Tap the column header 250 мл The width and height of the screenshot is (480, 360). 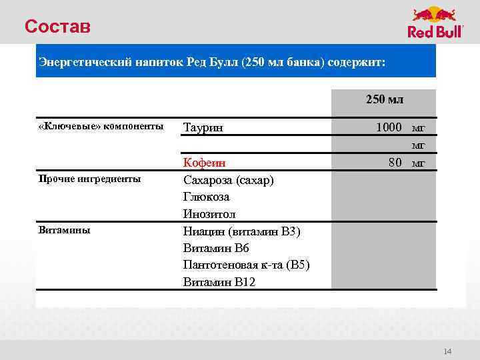[x=384, y=100]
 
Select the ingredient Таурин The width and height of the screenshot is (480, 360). [x=203, y=127]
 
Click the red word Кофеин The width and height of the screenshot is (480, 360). [x=204, y=163]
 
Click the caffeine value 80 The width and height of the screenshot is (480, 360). [x=395, y=162]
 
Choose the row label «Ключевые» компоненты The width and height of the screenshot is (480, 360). [x=100, y=127]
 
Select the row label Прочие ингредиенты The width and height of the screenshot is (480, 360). [x=89, y=179]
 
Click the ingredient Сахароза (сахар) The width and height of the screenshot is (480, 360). [x=228, y=180]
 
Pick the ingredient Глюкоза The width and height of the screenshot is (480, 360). [x=206, y=197]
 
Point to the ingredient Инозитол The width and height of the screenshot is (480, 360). [x=209, y=214]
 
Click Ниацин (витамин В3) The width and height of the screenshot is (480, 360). [x=242, y=231]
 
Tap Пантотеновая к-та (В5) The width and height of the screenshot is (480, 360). [x=246, y=265]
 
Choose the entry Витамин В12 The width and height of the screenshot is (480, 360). [x=219, y=282]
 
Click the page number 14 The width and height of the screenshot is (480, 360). [x=447, y=351]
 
